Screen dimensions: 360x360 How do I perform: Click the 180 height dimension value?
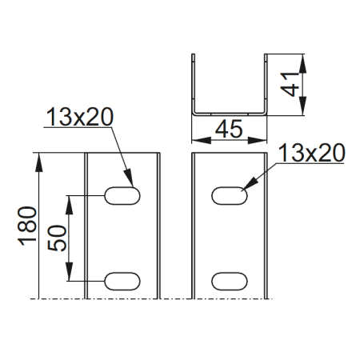(26, 226)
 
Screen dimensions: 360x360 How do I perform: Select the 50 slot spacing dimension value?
(58, 237)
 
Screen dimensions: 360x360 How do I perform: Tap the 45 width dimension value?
(230, 130)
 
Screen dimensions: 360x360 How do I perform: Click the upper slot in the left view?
(124, 194)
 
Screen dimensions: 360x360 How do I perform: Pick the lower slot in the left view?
(124, 280)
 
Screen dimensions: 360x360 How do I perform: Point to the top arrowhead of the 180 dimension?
(36, 158)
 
